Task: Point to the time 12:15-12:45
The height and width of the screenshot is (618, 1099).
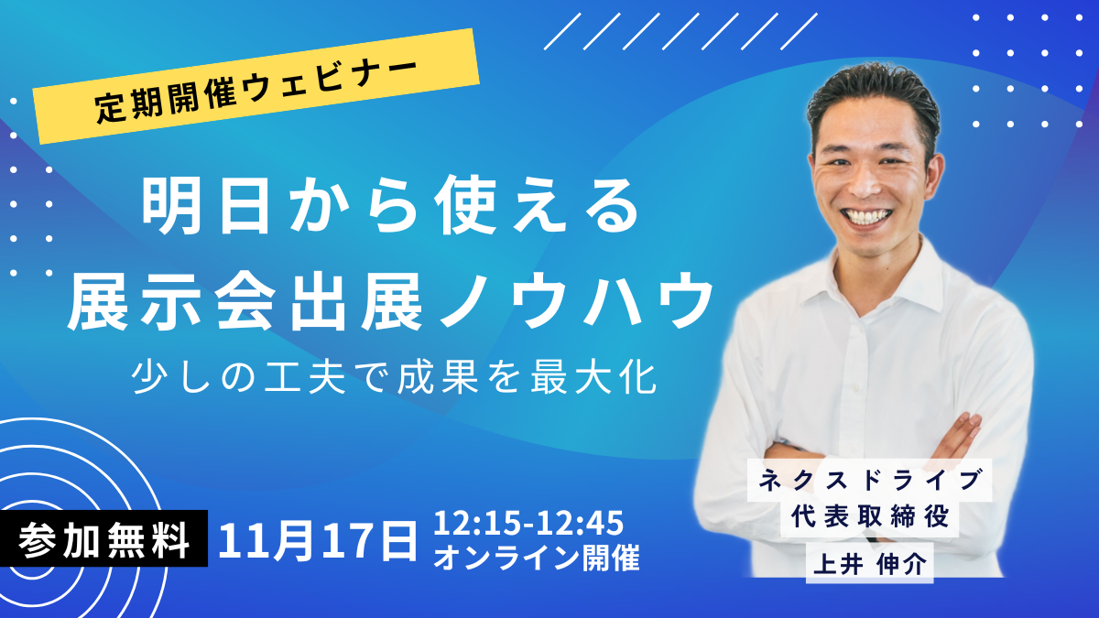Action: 528,524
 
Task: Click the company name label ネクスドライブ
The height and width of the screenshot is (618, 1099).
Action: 869,479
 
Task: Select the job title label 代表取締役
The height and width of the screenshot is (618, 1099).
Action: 869,517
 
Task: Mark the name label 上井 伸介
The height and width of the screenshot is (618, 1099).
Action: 869,561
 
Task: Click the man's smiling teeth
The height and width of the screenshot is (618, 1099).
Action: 869,216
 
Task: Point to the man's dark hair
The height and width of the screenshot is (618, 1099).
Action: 870,96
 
